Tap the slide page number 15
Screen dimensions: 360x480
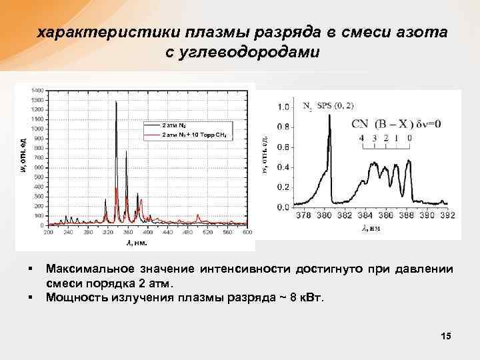(446, 337)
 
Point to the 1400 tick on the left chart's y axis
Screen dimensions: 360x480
(37, 89)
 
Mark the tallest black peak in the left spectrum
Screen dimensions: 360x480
(117, 102)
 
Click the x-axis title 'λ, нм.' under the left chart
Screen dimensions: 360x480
(137, 243)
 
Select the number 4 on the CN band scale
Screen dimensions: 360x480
(362, 138)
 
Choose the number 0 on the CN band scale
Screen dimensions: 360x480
(409, 138)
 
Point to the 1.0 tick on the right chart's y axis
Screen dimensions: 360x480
(283, 107)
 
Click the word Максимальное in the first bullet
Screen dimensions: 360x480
(87, 269)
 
